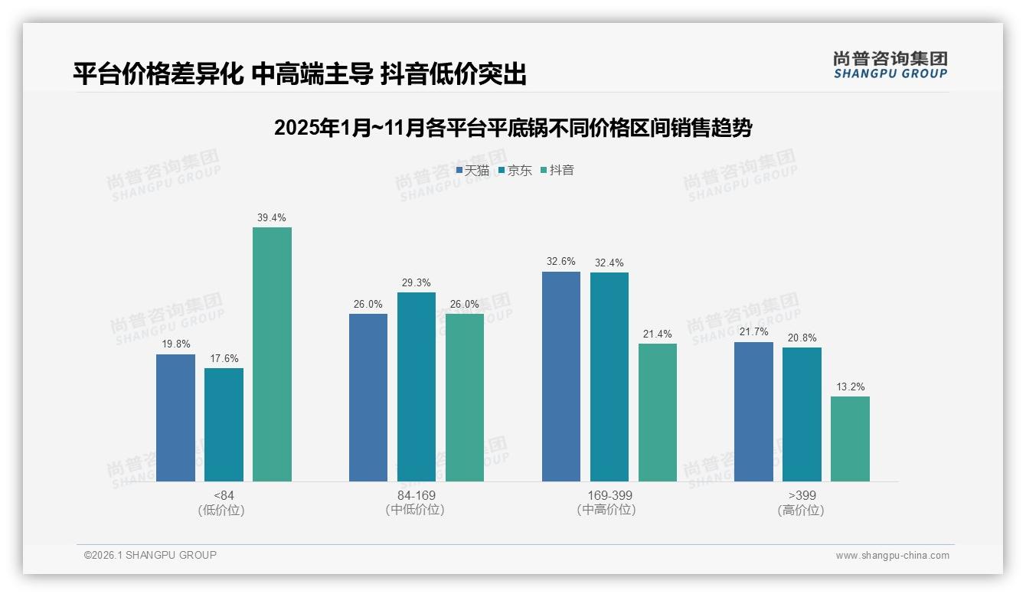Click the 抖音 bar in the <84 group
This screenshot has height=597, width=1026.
(272, 354)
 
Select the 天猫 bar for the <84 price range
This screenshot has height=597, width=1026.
(175, 418)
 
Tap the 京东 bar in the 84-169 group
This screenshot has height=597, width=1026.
(416, 387)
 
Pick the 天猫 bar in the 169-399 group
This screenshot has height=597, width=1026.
(560, 377)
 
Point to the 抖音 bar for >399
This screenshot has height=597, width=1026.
(850, 439)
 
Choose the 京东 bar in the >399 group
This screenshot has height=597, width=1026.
(802, 414)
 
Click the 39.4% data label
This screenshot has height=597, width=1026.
(272, 218)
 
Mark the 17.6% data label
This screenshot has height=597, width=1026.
(224, 359)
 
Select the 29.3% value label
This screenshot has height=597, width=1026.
(416, 283)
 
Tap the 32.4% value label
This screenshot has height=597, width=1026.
(609, 263)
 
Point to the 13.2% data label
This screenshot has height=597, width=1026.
(850, 387)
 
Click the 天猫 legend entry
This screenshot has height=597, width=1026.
(472, 171)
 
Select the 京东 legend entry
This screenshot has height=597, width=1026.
(515, 171)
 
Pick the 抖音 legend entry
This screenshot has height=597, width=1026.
(557, 171)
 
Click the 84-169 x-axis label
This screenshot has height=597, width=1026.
(416, 495)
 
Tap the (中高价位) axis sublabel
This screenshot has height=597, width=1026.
(609, 510)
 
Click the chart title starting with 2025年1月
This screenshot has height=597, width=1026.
(512, 128)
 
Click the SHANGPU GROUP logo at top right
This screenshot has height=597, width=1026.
(890, 65)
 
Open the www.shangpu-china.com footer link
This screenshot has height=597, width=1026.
(892, 556)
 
